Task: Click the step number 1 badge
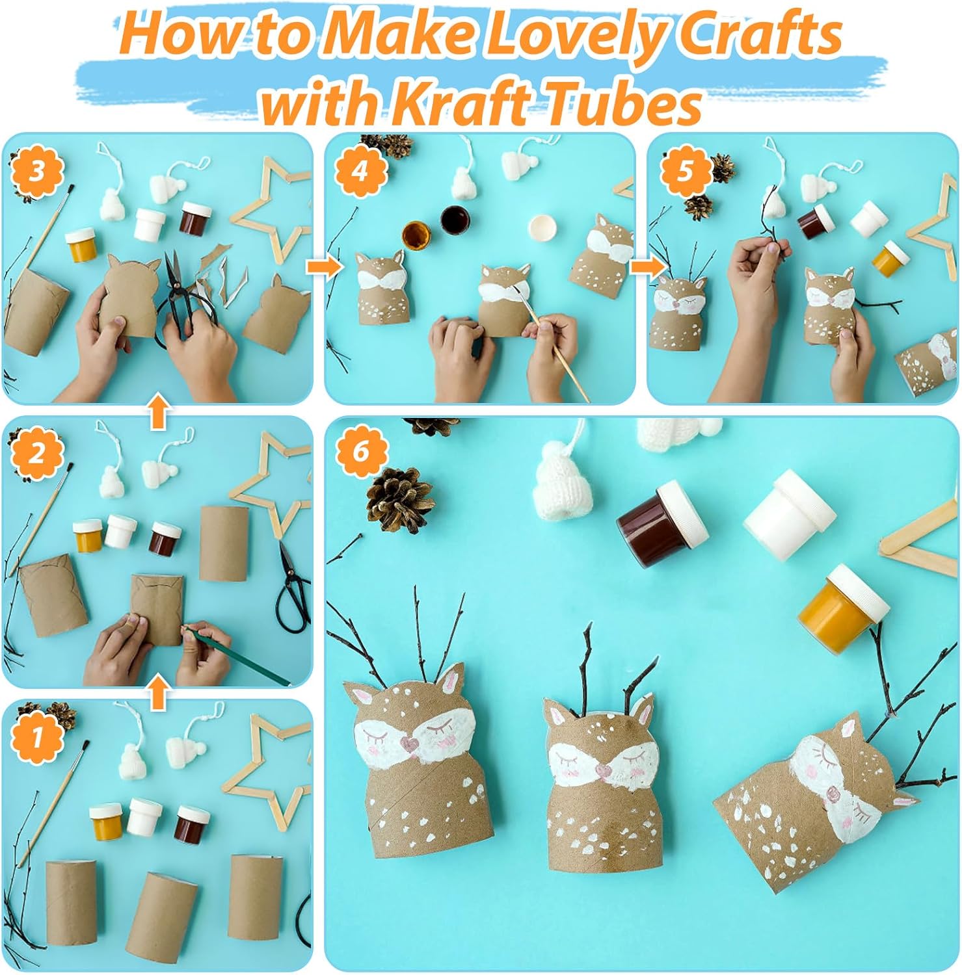click(x=37, y=738)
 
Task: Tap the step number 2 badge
click(x=36, y=453)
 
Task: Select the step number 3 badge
click(x=36, y=172)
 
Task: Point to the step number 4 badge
click(x=360, y=172)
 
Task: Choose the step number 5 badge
click(x=685, y=172)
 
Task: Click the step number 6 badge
click(x=362, y=451)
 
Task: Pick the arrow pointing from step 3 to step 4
click(x=323, y=266)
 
